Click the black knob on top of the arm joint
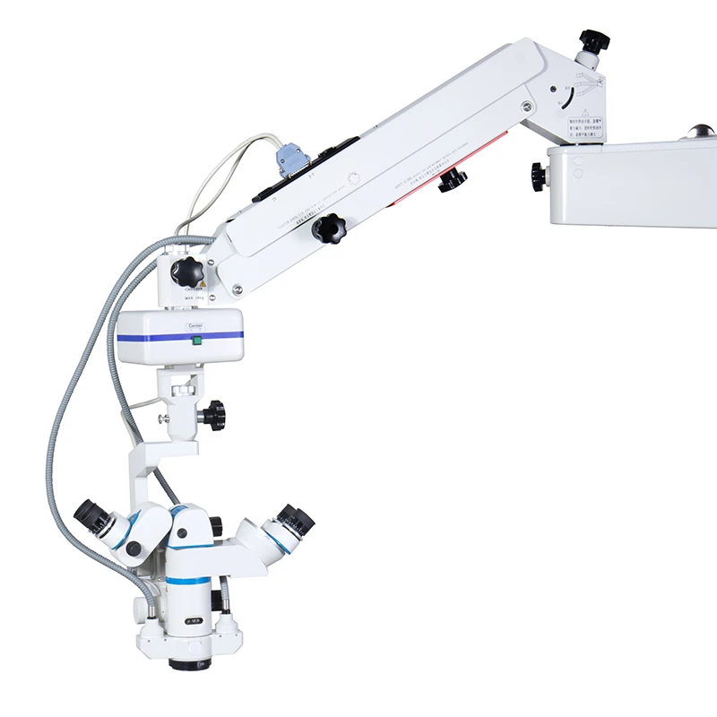pos(592,41)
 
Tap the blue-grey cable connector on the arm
pos(291,161)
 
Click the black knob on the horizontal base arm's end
pos(539,176)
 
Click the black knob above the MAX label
pos(186,272)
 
